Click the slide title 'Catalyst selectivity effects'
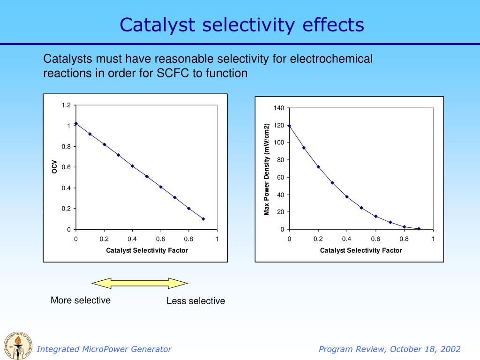[x=241, y=24]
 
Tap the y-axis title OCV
[x=54, y=167]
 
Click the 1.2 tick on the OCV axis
[x=66, y=105]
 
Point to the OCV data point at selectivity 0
[x=76, y=124]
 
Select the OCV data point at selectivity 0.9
[x=203, y=219]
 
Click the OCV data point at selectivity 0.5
[x=147, y=176]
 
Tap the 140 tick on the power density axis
[x=279, y=108]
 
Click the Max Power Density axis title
[x=266, y=169]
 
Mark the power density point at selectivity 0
[x=290, y=126]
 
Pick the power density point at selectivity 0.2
[x=318, y=167]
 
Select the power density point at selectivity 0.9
[x=419, y=229]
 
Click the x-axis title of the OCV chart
[x=147, y=250]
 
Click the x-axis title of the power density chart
[x=361, y=250]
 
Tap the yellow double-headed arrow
[x=140, y=283]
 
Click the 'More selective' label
[x=81, y=300]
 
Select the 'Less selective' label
[x=195, y=301]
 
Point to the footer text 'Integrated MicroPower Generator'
[x=104, y=349]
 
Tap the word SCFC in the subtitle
[x=173, y=74]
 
